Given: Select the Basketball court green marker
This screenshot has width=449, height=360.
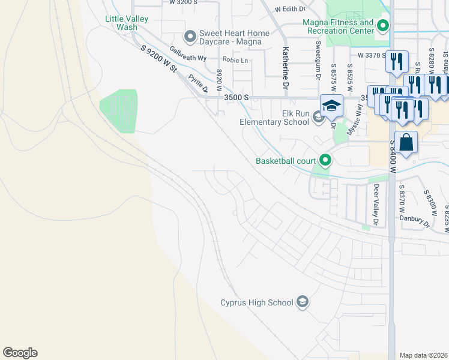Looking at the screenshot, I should pyautogui.click(x=325, y=160).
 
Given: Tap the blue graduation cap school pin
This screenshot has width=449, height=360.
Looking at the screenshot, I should pyautogui.click(x=331, y=106).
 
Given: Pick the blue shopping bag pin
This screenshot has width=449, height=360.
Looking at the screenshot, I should pyautogui.click(x=406, y=143).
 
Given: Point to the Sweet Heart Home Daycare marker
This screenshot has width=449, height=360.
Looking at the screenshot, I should pyautogui.click(x=190, y=37).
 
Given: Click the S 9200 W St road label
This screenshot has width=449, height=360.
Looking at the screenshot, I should pyautogui.click(x=158, y=60).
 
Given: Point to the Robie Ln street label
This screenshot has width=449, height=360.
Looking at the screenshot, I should pyautogui.click(x=235, y=60).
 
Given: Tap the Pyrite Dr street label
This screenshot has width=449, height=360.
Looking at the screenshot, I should pyautogui.click(x=197, y=83).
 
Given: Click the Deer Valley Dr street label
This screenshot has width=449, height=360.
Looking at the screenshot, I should pyautogui.click(x=376, y=205).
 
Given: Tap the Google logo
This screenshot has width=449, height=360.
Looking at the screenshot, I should pyautogui.click(x=20, y=353).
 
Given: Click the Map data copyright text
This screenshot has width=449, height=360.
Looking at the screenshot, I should pyautogui.click(x=423, y=355).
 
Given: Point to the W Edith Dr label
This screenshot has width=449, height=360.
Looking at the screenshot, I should pyautogui.click(x=290, y=9).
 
